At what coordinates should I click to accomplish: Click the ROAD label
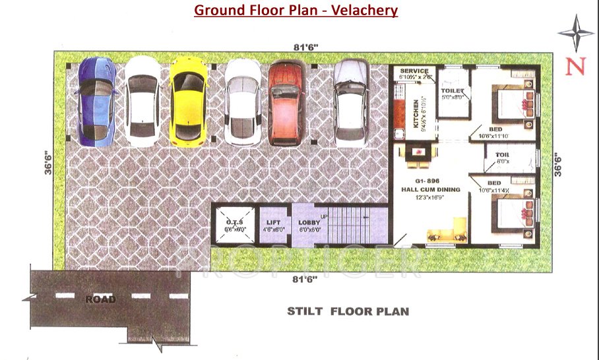point(100,299)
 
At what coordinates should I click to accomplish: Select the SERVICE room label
point(414,71)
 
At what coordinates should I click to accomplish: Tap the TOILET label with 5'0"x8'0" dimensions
point(454,90)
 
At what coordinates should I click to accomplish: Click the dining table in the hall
point(417,154)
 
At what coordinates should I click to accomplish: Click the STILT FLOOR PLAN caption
point(348,311)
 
